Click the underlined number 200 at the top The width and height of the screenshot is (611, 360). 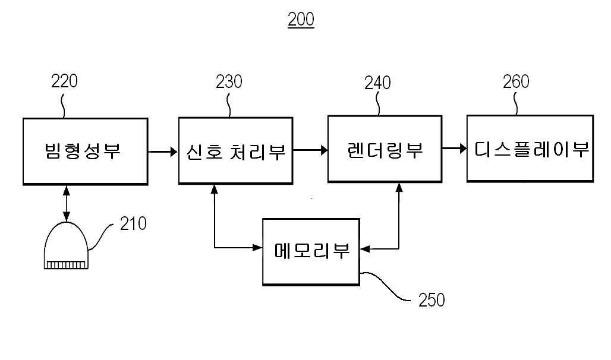pos(301,20)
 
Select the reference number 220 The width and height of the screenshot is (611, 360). pos(64,81)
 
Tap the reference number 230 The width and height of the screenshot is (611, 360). pos(229,82)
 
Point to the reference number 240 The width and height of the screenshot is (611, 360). pos(377,83)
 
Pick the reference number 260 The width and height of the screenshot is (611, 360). pos(516,81)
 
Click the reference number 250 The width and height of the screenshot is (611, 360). pos(432,300)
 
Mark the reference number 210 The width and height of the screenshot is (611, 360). pos(133,223)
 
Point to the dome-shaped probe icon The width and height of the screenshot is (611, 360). pos(66,245)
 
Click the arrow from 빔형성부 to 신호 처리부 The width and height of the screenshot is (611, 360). pos(163,151)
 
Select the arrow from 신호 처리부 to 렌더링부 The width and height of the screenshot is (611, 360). pos(310,150)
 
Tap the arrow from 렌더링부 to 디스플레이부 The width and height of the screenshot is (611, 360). pos(454,149)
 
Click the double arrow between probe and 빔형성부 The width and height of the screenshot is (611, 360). pos(66,204)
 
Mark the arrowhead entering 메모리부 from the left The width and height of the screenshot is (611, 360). pos(257,247)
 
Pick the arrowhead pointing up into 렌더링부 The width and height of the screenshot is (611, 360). pos(399,187)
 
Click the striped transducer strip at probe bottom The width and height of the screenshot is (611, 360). pos(66,265)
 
